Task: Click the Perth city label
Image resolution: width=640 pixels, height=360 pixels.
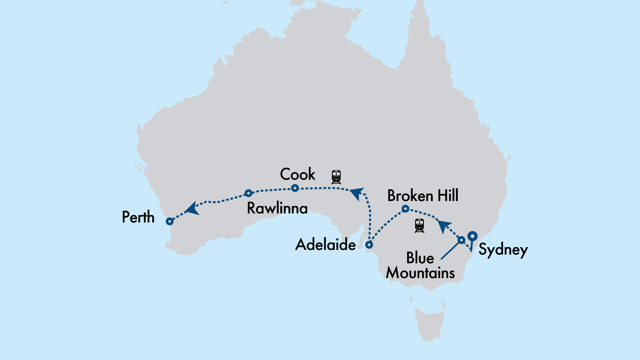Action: [x=138, y=217]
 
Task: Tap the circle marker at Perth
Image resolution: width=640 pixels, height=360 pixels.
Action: [x=170, y=221]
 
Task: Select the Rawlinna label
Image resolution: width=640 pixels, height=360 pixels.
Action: [x=277, y=208]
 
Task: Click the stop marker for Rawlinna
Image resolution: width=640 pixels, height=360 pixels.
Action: [x=248, y=193]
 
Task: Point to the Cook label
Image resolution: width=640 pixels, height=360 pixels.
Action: [x=298, y=174]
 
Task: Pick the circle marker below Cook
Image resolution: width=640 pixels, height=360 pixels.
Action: [x=295, y=188]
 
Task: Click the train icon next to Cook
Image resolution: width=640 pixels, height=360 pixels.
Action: [x=336, y=177]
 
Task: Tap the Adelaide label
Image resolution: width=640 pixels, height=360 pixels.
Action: [x=325, y=245]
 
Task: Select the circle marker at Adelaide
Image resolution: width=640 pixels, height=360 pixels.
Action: [x=369, y=245]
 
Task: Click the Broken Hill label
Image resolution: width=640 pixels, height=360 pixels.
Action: [x=423, y=196]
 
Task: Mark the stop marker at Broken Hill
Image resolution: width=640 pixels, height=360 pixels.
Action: [x=405, y=209]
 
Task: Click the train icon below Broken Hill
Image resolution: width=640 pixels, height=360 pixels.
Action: [x=419, y=226]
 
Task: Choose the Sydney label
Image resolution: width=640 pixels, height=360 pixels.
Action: [x=503, y=250]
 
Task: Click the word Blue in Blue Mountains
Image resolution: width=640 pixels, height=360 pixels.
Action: [x=420, y=258]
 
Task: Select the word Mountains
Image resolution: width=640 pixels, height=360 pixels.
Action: [x=420, y=273]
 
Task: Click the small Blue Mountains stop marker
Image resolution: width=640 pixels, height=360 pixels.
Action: [x=461, y=240]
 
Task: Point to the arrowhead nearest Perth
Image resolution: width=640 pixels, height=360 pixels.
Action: [x=192, y=209]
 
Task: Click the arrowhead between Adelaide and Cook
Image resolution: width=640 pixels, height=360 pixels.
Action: [x=357, y=194]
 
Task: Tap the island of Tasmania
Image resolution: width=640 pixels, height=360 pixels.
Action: [x=429, y=323]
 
